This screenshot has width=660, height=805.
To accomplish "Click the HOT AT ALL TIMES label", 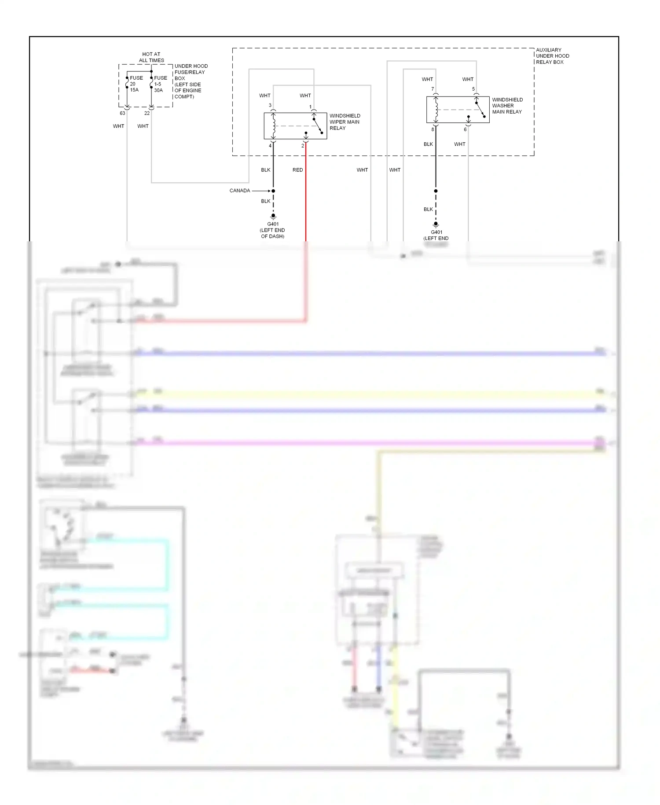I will point(151,57).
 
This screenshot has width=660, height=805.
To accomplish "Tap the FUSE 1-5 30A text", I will point(160,84).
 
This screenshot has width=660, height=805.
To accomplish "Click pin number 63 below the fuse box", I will point(122,113).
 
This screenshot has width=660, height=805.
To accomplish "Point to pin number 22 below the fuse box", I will point(147,113).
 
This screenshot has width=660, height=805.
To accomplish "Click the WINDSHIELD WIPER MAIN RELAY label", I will point(345,122).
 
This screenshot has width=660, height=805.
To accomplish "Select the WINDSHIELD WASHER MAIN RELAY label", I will point(507,106).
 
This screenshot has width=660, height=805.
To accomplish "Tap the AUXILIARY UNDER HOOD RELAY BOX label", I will point(552,56).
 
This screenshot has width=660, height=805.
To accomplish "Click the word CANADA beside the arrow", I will point(240,191).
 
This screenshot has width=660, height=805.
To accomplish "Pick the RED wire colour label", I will point(298,170).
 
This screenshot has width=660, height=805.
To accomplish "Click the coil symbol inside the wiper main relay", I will point(274,126).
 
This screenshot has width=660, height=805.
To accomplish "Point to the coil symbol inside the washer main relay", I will point(436,110).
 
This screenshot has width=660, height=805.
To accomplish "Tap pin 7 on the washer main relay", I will point(433,89).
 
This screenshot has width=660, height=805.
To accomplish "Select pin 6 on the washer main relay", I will point(465,129).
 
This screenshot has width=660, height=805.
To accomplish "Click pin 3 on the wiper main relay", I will point(270,105).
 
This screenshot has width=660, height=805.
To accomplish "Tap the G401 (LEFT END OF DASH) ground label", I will point(273,230).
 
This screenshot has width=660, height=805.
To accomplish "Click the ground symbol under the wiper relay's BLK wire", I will point(273,217).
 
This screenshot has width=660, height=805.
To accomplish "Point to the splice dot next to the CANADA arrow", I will point(273,191).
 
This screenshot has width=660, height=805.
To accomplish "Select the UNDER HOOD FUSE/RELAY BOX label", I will point(191,81).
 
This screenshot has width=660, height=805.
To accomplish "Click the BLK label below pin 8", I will point(428,144).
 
